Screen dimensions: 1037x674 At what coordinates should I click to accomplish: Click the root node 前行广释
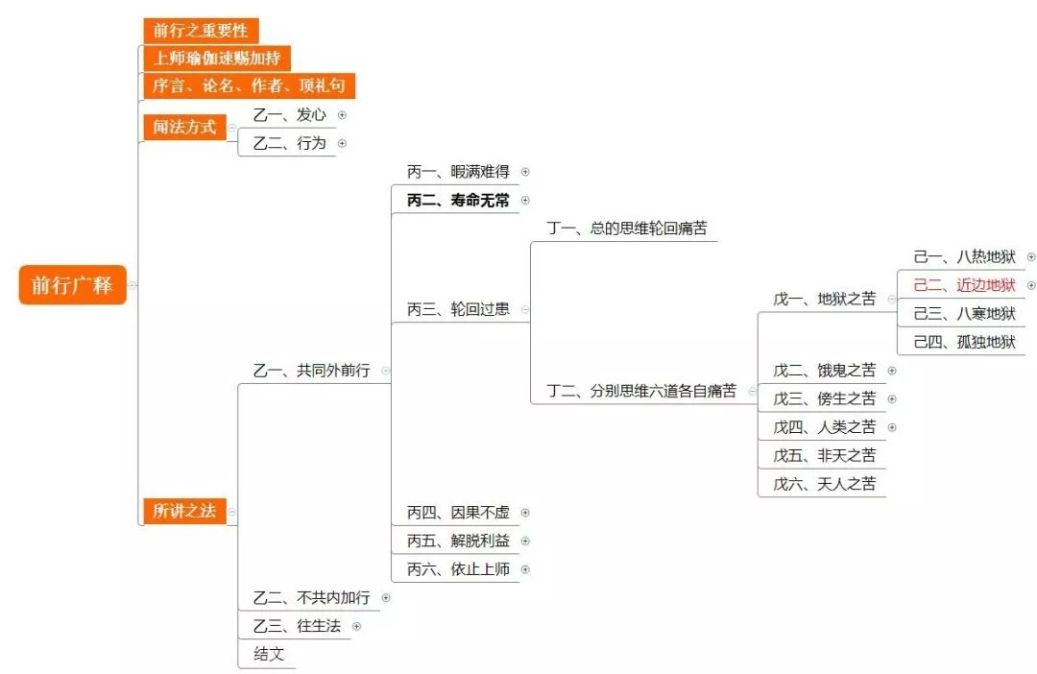[72, 285]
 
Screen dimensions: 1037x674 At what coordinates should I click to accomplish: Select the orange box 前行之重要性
[201, 31]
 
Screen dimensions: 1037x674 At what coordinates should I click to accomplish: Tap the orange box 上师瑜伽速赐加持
[216, 59]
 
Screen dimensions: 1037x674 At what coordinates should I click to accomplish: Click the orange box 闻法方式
[184, 127]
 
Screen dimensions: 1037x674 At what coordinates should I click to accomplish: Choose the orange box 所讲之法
[184, 511]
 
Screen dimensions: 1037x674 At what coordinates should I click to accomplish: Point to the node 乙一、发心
[289, 115]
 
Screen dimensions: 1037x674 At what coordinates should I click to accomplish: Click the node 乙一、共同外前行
[311, 371]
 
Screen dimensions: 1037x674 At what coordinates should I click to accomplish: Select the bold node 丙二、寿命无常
[458, 201]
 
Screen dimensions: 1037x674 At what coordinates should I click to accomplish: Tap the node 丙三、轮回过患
[458, 309]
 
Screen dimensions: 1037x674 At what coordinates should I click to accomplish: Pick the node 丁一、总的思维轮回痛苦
[627, 229]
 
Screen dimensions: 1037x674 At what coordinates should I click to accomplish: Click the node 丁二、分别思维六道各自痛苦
[641, 391]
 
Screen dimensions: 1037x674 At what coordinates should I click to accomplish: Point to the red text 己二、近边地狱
[964, 285]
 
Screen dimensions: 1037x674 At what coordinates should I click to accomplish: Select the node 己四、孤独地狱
[964, 342]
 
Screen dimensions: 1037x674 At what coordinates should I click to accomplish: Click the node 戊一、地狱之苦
[825, 299]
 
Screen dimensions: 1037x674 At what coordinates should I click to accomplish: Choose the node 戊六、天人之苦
[825, 484]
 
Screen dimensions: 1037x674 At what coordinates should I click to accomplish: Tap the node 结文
[269, 654]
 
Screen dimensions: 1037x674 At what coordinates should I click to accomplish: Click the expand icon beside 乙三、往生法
[356, 626]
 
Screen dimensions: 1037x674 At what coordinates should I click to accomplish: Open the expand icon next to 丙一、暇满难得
[525, 172]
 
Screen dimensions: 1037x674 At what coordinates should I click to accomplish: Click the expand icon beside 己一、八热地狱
[1031, 256]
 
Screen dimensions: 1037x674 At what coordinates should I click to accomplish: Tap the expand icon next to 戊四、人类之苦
[892, 427]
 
